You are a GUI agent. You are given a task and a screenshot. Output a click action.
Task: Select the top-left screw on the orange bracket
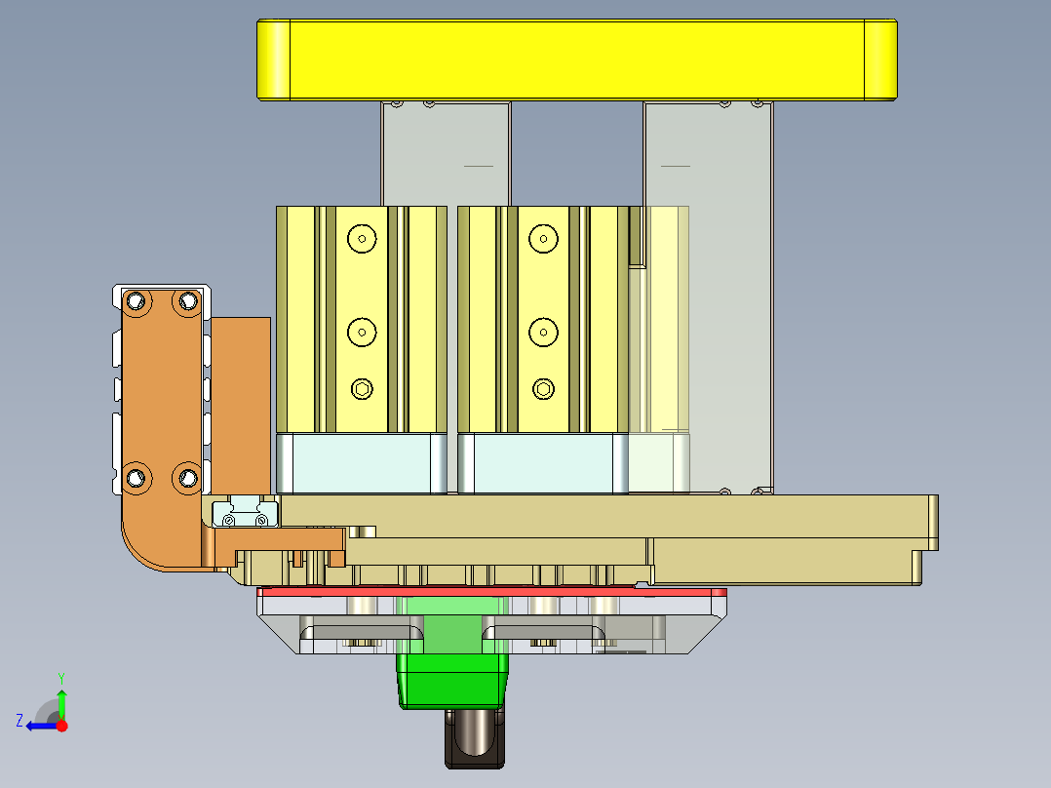[x=136, y=301]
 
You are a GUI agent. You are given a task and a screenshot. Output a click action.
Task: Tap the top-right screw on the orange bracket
[x=185, y=301]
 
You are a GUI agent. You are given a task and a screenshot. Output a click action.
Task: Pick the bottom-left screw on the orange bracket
[x=136, y=477]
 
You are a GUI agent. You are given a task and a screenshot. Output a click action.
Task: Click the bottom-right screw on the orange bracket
[x=185, y=477]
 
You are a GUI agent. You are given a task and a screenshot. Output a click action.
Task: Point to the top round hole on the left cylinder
[x=362, y=237]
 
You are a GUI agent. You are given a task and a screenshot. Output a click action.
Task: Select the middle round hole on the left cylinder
[x=362, y=333]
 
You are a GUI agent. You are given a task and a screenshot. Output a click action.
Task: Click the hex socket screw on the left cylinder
[x=362, y=390]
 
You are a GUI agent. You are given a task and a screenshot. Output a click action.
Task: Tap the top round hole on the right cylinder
[x=542, y=237]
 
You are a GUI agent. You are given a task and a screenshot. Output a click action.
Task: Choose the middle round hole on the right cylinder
[x=542, y=333]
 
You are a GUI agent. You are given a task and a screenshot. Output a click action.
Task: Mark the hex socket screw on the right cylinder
[x=542, y=390]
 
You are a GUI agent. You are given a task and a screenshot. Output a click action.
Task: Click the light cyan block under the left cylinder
[x=361, y=464]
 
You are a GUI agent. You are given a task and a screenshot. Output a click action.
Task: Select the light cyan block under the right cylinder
[x=542, y=464]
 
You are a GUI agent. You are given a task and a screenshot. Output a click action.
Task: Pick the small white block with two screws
[x=244, y=513]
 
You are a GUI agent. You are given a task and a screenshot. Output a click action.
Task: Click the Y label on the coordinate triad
[x=60, y=676]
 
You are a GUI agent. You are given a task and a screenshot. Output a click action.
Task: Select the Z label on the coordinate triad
[x=19, y=721]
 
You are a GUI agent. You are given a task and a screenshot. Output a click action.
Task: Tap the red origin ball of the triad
[x=62, y=726]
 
